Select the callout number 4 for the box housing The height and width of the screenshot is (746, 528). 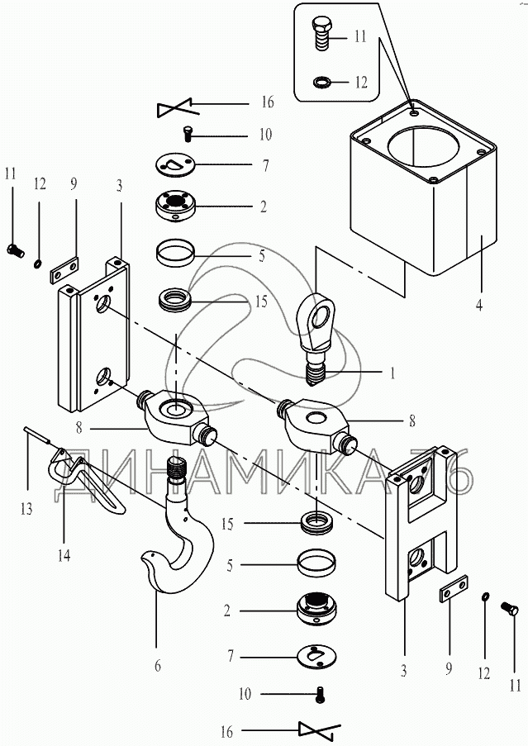click(x=478, y=304)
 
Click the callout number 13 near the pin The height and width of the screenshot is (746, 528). click(x=26, y=509)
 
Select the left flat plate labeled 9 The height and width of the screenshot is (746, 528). click(x=64, y=270)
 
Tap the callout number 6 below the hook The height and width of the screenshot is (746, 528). click(x=157, y=665)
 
